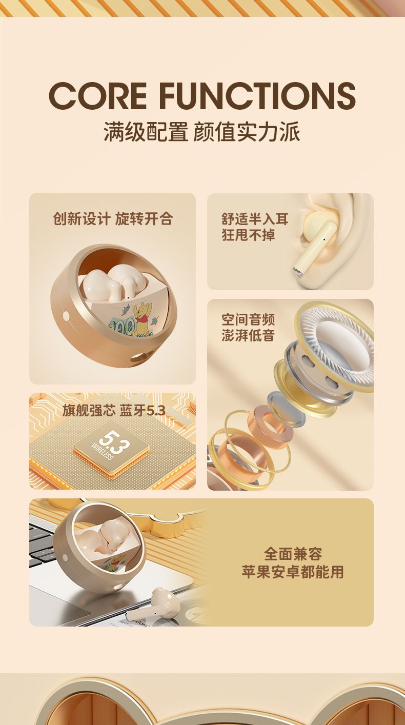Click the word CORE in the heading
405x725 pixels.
(98, 96)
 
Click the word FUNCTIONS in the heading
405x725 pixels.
(257, 96)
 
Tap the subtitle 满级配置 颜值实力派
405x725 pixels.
(201, 132)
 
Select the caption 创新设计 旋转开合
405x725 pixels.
(113, 219)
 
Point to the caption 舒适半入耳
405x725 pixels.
(255, 219)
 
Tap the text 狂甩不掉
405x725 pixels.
(248, 235)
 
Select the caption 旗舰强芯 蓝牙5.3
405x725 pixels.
(114, 410)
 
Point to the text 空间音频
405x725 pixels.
(248, 319)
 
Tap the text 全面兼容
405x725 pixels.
(293, 553)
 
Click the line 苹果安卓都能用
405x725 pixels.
(293, 572)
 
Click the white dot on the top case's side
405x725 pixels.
(66, 315)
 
